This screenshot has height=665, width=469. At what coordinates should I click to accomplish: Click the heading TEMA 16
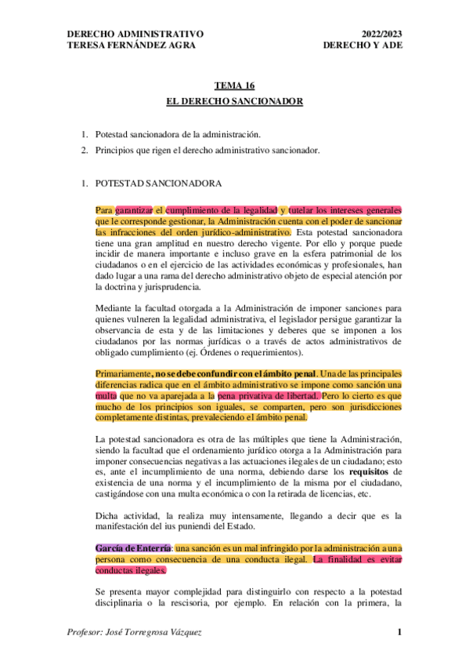click(x=235, y=85)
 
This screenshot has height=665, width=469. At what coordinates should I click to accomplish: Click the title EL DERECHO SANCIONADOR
click(x=235, y=102)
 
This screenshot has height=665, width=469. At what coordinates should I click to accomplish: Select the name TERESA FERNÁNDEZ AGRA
click(x=132, y=45)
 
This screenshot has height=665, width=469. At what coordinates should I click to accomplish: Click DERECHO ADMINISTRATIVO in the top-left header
click(x=136, y=35)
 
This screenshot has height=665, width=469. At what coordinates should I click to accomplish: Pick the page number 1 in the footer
click(x=399, y=633)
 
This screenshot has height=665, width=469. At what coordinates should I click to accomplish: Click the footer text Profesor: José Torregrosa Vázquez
click(x=135, y=633)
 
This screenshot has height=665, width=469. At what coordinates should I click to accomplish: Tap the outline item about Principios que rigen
click(x=207, y=150)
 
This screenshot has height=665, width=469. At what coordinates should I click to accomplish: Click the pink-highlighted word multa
click(x=106, y=397)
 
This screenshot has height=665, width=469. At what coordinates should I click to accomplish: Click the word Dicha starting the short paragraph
click(x=106, y=515)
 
